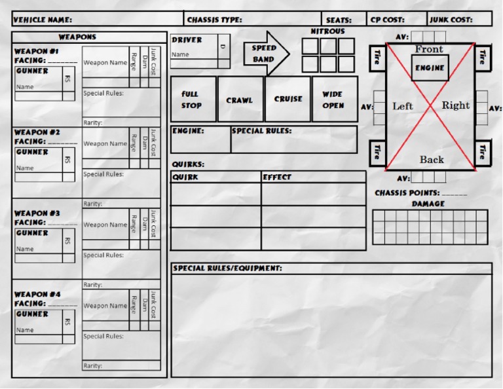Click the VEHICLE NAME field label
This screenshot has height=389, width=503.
click(x=43, y=20)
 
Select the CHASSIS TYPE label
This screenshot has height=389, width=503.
click(x=214, y=20)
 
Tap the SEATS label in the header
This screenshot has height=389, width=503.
click(x=338, y=20)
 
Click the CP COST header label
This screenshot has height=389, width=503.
click(x=388, y=20)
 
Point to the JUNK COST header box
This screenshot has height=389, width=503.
click(x=459, y=20)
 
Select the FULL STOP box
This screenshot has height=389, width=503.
click(x=193, y=100)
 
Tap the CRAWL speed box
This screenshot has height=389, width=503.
click(x=240, y=100)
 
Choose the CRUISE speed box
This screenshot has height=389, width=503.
click(x=288, y=100)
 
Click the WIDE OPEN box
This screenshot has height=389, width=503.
click(x=334, y=100)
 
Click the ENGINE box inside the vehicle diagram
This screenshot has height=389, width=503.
click(x=430, y=68)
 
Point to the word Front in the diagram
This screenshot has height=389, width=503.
click(x=429, y=50)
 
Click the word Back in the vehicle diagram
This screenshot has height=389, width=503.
click(x=431, y=160)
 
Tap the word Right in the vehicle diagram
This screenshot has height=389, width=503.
click(x=455, y=105)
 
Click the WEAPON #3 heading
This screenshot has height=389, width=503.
click(x=37, y=213)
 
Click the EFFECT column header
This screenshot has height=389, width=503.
click(x=277, y=177)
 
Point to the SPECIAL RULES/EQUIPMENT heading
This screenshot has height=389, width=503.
click(x=227, y=269)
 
